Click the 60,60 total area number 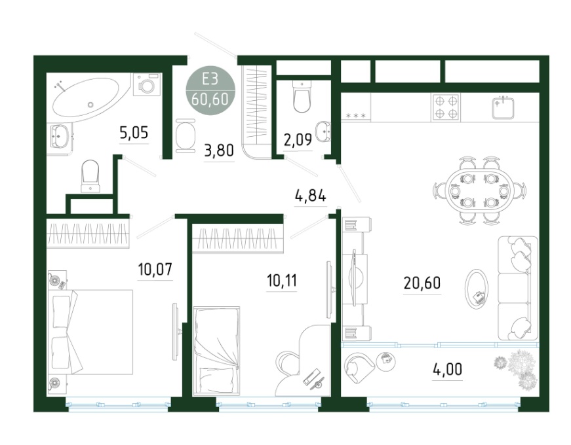tap(210, 99)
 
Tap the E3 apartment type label tap(210, 79)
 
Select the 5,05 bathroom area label tap(134, 133)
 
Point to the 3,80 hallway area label tap(219, 150)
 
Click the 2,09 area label tap(298, 139)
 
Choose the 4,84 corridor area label tap(310, 196)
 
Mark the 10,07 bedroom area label tap(155, 270)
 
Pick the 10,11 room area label tap(282, 281)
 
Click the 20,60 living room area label tap(422, 283)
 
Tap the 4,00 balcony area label tap(448, 369)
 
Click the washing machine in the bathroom tap(147, 84)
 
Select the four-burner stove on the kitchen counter tap(446, 107)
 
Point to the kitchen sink tap(503, 108)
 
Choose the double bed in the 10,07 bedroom tap(92, 332)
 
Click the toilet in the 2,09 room tap(302, 96)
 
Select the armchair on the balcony tap(359, 368)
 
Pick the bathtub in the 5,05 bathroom tap(87, 99)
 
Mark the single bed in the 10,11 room tap(217, 350)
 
